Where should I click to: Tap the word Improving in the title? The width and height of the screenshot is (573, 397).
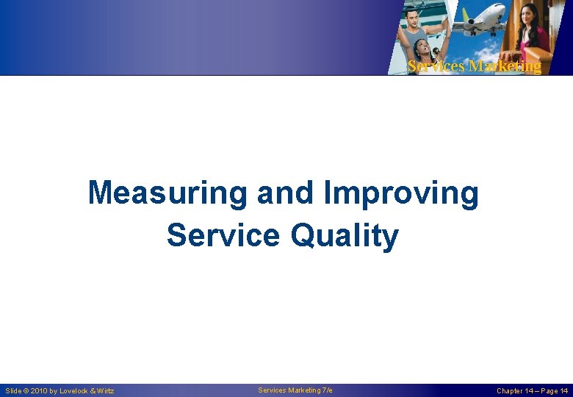click(x=400, y=194)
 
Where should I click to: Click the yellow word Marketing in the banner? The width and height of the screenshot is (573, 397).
click(x=505, y=66)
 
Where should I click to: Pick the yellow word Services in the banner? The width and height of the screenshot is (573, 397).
click(x=436, y=66)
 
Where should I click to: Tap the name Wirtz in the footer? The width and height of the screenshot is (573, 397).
click(x=105, y=391)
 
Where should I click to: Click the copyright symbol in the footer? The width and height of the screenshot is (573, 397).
click(x=26, y=391)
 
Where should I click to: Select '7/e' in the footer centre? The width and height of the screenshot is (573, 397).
click(x=326, y=390)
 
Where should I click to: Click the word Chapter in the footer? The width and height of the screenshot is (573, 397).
click(x=511, y=391)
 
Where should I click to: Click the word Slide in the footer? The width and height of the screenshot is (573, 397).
click(x=13, y=391)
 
